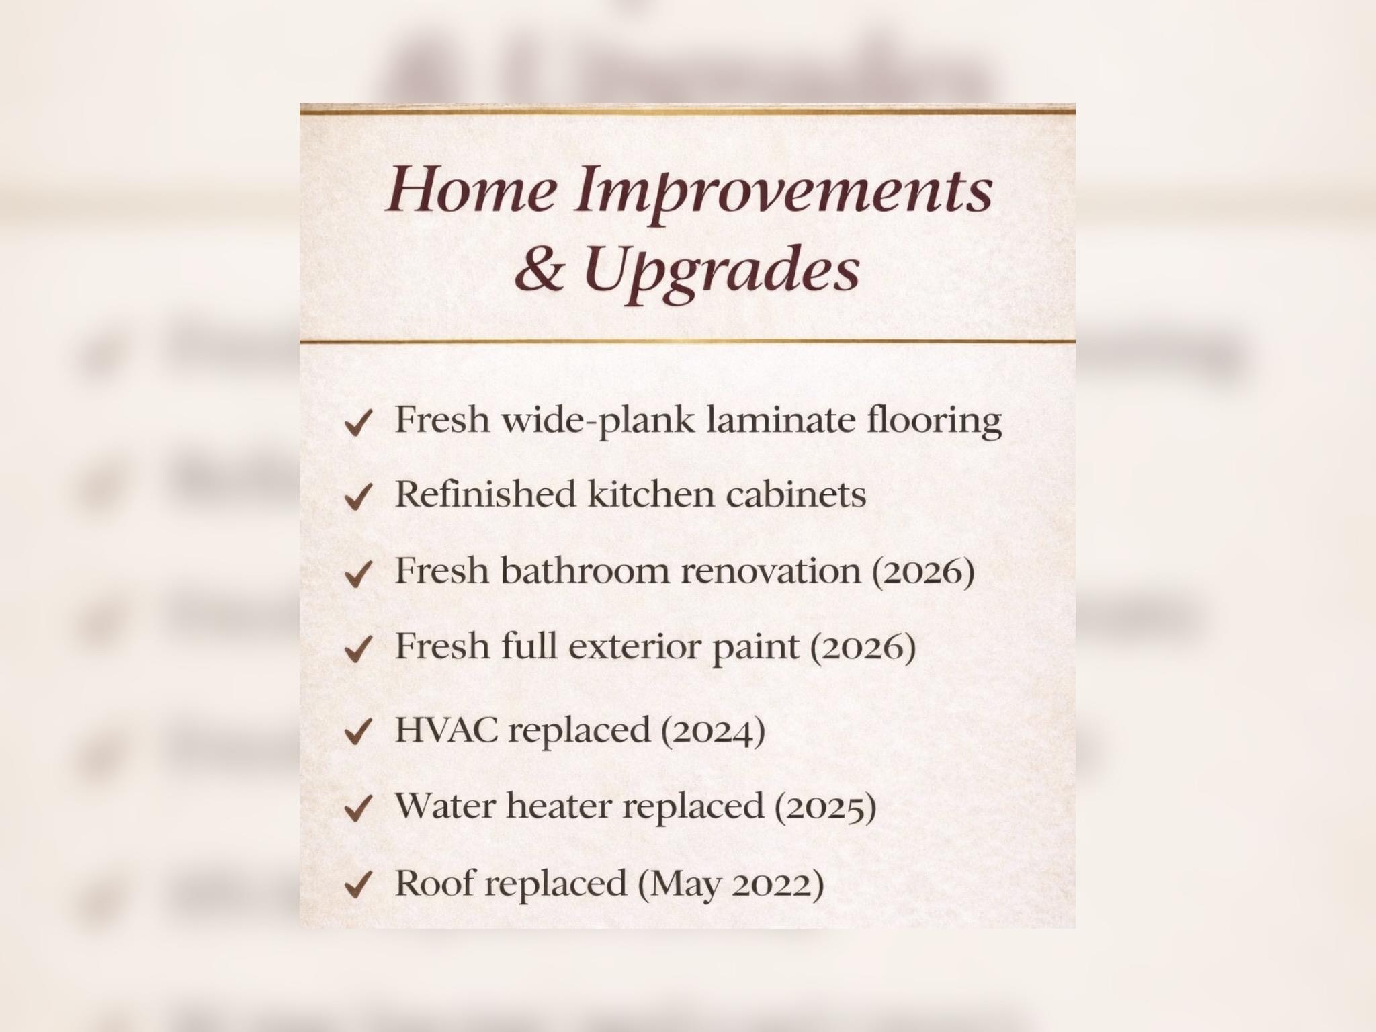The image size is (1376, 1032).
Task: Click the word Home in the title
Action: (x=472, y=188)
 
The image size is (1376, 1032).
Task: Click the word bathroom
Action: (x=586, y=570)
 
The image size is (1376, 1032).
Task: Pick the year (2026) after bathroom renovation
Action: (x=923, y=572)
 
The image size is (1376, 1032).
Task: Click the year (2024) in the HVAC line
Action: (x=714, y=731)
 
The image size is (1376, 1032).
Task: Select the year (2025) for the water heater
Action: (x=826, y=808)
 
